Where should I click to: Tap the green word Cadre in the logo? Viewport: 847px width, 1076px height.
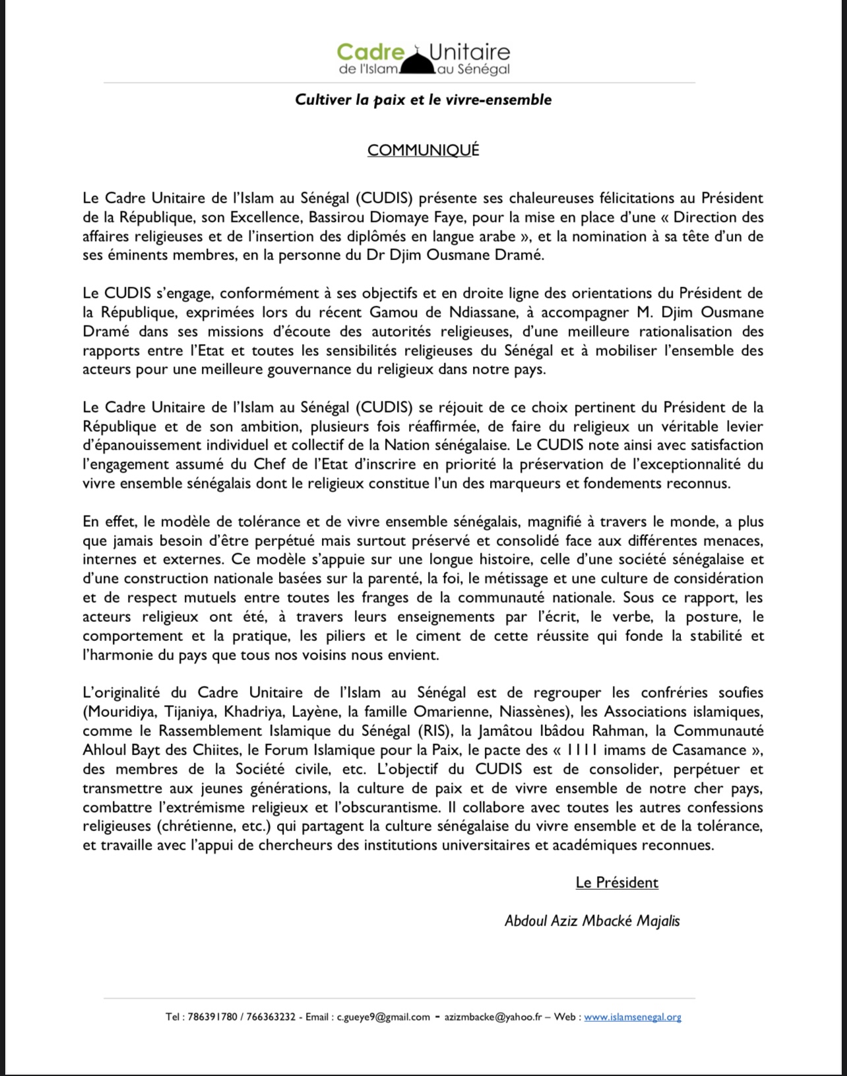[x=370, y=51]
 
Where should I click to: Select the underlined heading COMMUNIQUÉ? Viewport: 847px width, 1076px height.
[x=423, y=151]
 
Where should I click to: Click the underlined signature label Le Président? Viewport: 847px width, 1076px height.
[x=617, y=883]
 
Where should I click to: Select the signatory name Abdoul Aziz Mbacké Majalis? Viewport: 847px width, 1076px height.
[x=592, y=920]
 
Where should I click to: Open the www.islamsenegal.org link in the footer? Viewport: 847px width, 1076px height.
[x=632, y=1017]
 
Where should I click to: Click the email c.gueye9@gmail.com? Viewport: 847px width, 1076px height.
[x=383, y=1017]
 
